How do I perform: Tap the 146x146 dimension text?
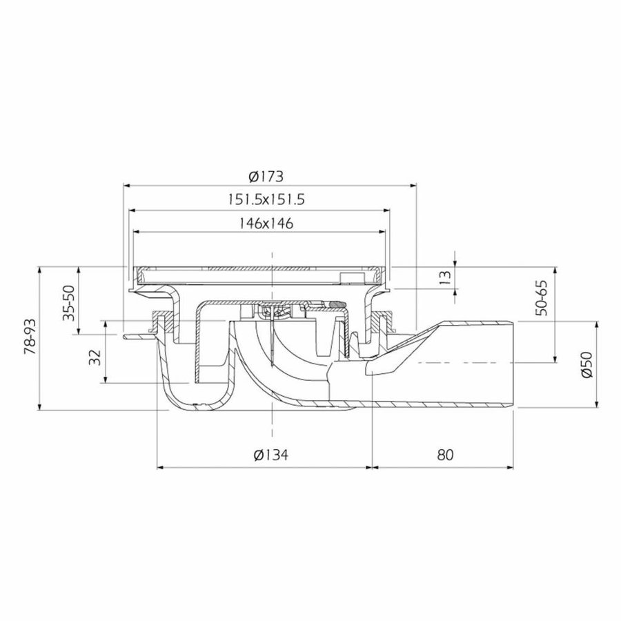coord(266,223)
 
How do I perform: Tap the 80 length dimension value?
coord(444,455)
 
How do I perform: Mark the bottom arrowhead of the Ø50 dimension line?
coord(595,406)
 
